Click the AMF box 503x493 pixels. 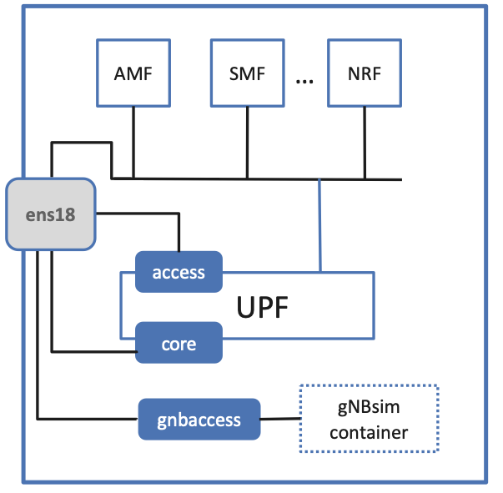[133, 73]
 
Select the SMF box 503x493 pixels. [246, 73]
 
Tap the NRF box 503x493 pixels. [364, 73]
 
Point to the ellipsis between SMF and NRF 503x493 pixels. [304, 80]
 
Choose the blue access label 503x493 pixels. [179, 272]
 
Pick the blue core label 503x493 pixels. [179, 342]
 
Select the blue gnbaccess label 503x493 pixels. [199, 420]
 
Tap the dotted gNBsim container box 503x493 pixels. [368, 419]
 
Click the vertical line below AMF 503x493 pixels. [133, 142]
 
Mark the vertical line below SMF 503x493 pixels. [247, 142]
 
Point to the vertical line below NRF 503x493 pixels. [365, 142]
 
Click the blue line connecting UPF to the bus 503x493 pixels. [319, 225]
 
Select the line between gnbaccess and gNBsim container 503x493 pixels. [279, 419]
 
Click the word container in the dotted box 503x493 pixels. [368, 433]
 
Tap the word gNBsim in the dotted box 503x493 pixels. [368, 408]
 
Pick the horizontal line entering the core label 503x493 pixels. [92, 351]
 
